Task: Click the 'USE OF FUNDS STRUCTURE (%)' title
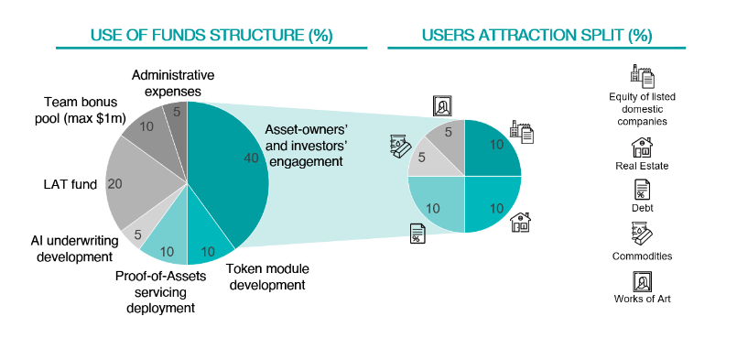click(x=211, y=36)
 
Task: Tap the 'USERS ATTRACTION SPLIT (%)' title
click(x=536, y=36)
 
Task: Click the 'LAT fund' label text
click(x=70, y=184)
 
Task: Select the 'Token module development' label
click(x=267, y=277)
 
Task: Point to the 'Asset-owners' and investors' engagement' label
click(x=303, y=146)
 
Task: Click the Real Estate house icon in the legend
click(x=642, y=147)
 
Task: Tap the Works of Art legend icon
click(x=642, y=282)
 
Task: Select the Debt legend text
click(x=642, y=208)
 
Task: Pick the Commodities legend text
click(x=642, y=256)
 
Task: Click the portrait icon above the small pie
click(x=442, y=106)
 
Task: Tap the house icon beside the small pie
click(x=520, y=222)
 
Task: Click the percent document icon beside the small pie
click(x=417, y=234)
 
